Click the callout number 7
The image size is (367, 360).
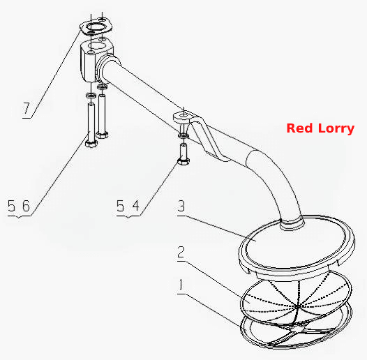(x=27, y=108)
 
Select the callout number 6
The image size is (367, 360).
(x=26, y=206)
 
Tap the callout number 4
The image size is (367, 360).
(x=136, y=206)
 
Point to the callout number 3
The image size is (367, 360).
(x=181, y=206)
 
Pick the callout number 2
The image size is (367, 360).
(x=181, y=252)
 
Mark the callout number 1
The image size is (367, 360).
(x=181, y=285)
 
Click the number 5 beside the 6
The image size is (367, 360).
(x=11, y=206)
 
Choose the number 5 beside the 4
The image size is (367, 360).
(x=120, y=206)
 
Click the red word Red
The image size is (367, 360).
(x=300, y=128)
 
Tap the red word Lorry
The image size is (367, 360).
(x=336, y=129)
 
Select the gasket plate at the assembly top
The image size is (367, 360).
(x=96, y=28)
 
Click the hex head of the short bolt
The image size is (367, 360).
(x=183, y=161)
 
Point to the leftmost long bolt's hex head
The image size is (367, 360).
(x=91, y=143)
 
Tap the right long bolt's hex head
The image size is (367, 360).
(x=102, y=135)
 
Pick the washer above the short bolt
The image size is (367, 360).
(x=183, y=135)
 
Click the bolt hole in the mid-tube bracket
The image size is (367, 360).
(x=184, y=115)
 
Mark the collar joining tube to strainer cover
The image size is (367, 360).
(x=292, y=223)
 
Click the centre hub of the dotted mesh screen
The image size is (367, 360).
(x=298, y=306)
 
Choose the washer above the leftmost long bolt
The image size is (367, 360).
(x=91, y=96)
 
